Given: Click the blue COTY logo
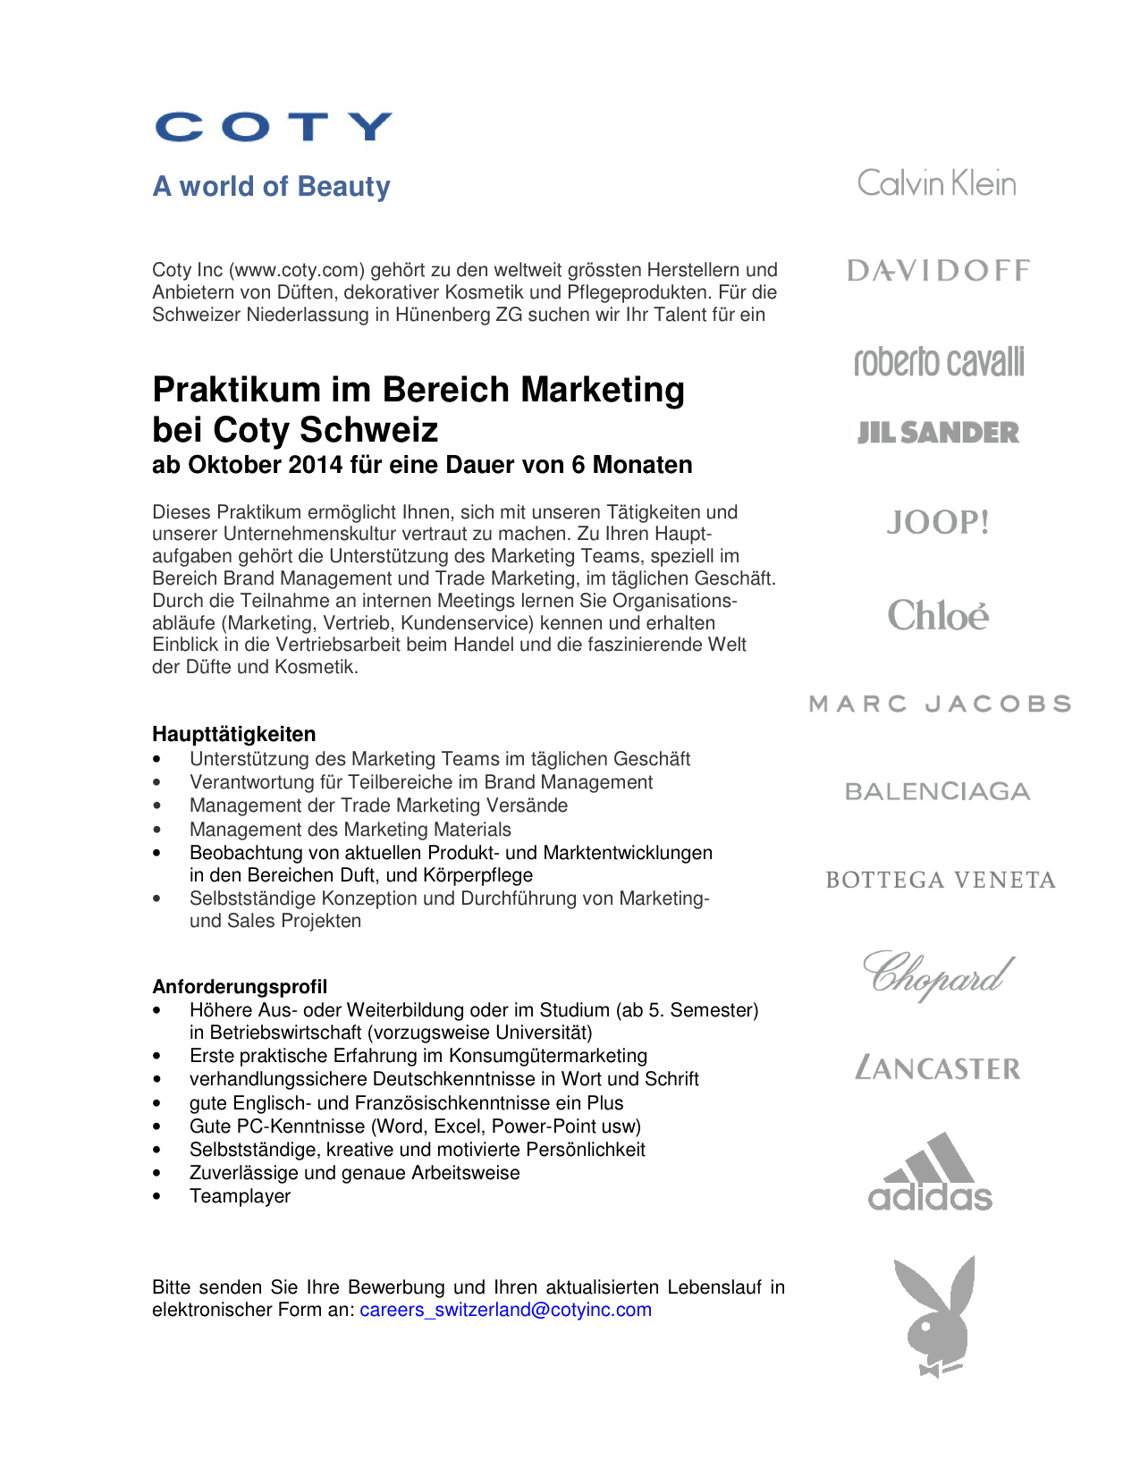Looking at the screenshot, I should coord(274,127).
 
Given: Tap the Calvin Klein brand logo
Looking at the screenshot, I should coord(936,183).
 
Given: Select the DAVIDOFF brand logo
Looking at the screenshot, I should coord(938,270).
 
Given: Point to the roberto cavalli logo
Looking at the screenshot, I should coord(939,361).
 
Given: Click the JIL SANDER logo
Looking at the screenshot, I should coord(938,433).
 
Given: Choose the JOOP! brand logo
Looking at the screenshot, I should coord(938,522).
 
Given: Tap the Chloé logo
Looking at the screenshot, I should coord(938,615).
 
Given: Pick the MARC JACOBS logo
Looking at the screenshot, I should coord(940,704).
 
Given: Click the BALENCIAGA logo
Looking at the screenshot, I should coord(938,791).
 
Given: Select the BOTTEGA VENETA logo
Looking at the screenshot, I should coord(941,880).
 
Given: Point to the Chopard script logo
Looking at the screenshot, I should coord(938,974).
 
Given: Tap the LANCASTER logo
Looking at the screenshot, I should coord(938,1067).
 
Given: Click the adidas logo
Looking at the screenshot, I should coord(931,1172).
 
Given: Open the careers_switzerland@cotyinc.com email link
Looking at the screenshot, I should coord(505,1310).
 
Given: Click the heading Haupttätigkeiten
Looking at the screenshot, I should coord(233,734).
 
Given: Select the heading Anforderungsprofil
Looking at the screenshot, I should coord(240,986).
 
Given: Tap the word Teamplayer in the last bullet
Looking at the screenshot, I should coord(240,1196).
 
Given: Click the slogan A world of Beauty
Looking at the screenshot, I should coord(272,186).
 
